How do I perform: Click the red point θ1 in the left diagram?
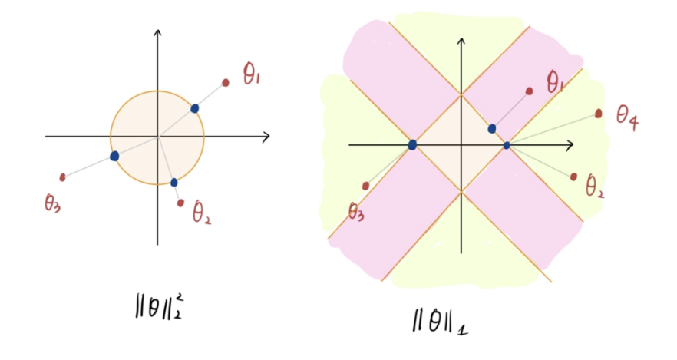(226, 82)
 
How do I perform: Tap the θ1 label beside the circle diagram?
(252, 75)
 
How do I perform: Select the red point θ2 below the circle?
(180, 203)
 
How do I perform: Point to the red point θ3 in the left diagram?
(62, 177)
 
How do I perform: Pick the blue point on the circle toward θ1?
(195, 108)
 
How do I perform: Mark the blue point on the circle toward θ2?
(174, 182)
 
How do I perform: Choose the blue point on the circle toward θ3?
(114, 156)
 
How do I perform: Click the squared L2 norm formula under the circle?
(157, 303)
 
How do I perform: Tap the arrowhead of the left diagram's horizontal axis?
(266, 137)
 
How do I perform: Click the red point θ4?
(599, 114)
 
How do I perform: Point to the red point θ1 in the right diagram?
(529, 91)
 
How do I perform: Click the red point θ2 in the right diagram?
(573, 177)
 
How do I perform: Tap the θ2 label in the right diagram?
(594, 187)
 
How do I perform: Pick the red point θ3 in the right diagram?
(365, 186)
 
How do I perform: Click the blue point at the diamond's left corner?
(413, 144)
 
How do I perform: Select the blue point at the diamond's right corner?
(507, 145)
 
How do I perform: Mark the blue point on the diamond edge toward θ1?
(492, 128)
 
